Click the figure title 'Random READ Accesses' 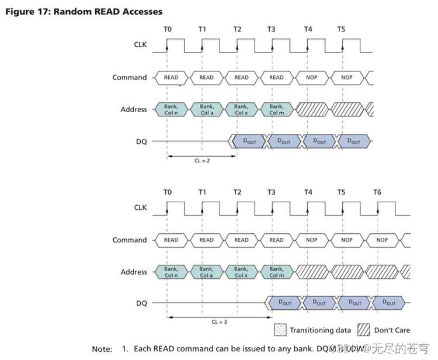108,11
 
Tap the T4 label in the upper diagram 308,29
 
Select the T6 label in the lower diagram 377,192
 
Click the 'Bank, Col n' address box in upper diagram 171,109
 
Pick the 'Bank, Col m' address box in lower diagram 277,272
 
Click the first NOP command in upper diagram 311,77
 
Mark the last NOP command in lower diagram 382,240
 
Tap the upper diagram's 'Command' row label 130,77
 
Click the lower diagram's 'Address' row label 134,272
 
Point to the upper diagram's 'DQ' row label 141,141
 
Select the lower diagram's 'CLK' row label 140,207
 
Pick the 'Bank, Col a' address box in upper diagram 206,109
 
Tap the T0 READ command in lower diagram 171,240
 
